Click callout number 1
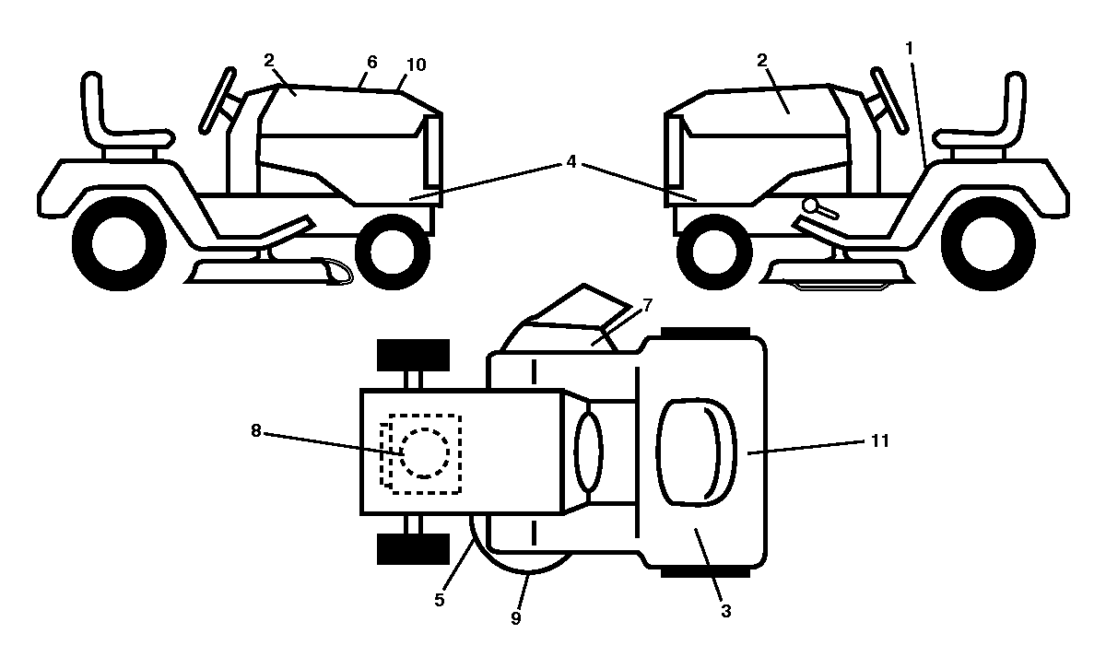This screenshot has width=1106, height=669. point(909,49)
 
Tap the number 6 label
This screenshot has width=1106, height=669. point(371,63)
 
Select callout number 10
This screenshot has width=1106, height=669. point(416,65)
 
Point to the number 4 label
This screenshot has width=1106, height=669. point(571,161)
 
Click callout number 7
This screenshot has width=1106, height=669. point(647,306)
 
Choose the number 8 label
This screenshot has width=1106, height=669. point(255,430)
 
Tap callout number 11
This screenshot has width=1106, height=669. point(879,440)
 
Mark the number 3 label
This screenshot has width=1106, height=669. point(725,611)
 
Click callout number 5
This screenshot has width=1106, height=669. point(439,600)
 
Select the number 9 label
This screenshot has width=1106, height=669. point(515,618)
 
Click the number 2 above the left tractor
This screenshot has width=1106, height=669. point(268,61)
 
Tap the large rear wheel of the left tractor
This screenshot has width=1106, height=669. point(119,243)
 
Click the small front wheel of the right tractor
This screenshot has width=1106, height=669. point(714,252)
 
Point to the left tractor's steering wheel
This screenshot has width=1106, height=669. point(218,100)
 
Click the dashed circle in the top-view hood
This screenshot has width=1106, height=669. point(425,453)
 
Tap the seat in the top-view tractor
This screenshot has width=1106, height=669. point(696,452)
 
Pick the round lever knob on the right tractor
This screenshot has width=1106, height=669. point(810,205)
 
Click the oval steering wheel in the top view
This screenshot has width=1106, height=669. point(589,452)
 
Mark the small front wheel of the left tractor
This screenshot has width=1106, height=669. point(393,252)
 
